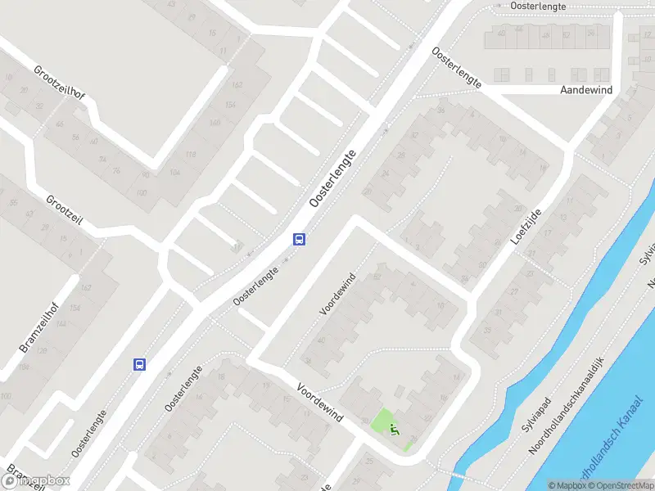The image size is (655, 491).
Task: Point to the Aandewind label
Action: [x=587, y=89]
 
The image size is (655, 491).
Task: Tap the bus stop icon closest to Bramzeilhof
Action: [x=140, y=364]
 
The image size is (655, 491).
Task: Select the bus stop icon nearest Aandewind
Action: [x=300, y=239]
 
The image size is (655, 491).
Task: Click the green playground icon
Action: [x=394, y=428]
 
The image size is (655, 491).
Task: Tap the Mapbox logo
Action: [x=36, y=481]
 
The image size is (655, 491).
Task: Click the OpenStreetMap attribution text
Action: [x=622, y=485]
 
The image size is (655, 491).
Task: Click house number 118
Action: [x=191, y=155]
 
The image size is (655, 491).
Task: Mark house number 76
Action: [x=116, y=170]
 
